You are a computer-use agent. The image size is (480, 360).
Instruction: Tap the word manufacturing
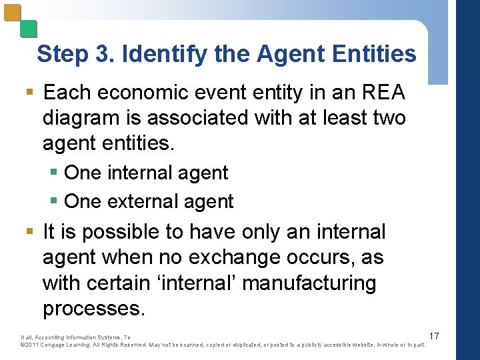(309, 283)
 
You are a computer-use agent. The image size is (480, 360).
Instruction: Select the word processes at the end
(93, 308)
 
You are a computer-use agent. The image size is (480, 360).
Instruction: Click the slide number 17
(434, 335)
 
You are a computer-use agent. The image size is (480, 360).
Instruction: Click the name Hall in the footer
(27, 337)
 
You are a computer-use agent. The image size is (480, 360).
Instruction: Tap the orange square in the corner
(13, 13)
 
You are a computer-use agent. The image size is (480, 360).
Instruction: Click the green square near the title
(28, 29)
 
